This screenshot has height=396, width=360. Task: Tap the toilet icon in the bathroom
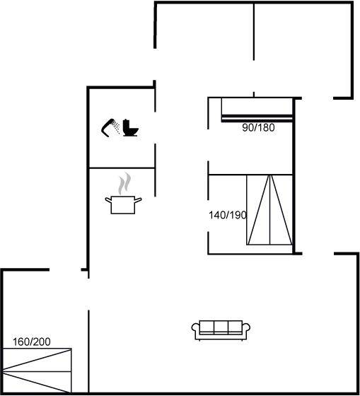130,128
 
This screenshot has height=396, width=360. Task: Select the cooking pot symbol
123,205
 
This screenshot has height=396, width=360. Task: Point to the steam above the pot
124,184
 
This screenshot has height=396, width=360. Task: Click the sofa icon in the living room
221,330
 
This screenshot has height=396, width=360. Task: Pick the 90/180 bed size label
258,127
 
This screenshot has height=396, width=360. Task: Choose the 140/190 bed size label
227,215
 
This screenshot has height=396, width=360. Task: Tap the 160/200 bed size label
32,342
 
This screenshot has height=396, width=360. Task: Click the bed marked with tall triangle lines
269,209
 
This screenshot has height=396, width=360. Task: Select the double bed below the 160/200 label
37,371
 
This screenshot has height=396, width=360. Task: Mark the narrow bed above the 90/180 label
257,110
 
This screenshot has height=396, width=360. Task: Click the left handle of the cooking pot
108,200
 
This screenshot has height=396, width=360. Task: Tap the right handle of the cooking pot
138,200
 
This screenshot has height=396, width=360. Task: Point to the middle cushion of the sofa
221,327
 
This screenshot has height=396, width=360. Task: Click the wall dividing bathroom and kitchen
122,168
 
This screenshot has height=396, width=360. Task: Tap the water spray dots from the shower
116,127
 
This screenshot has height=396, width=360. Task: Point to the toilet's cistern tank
127,124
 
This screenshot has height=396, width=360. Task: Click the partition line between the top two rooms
254,32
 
